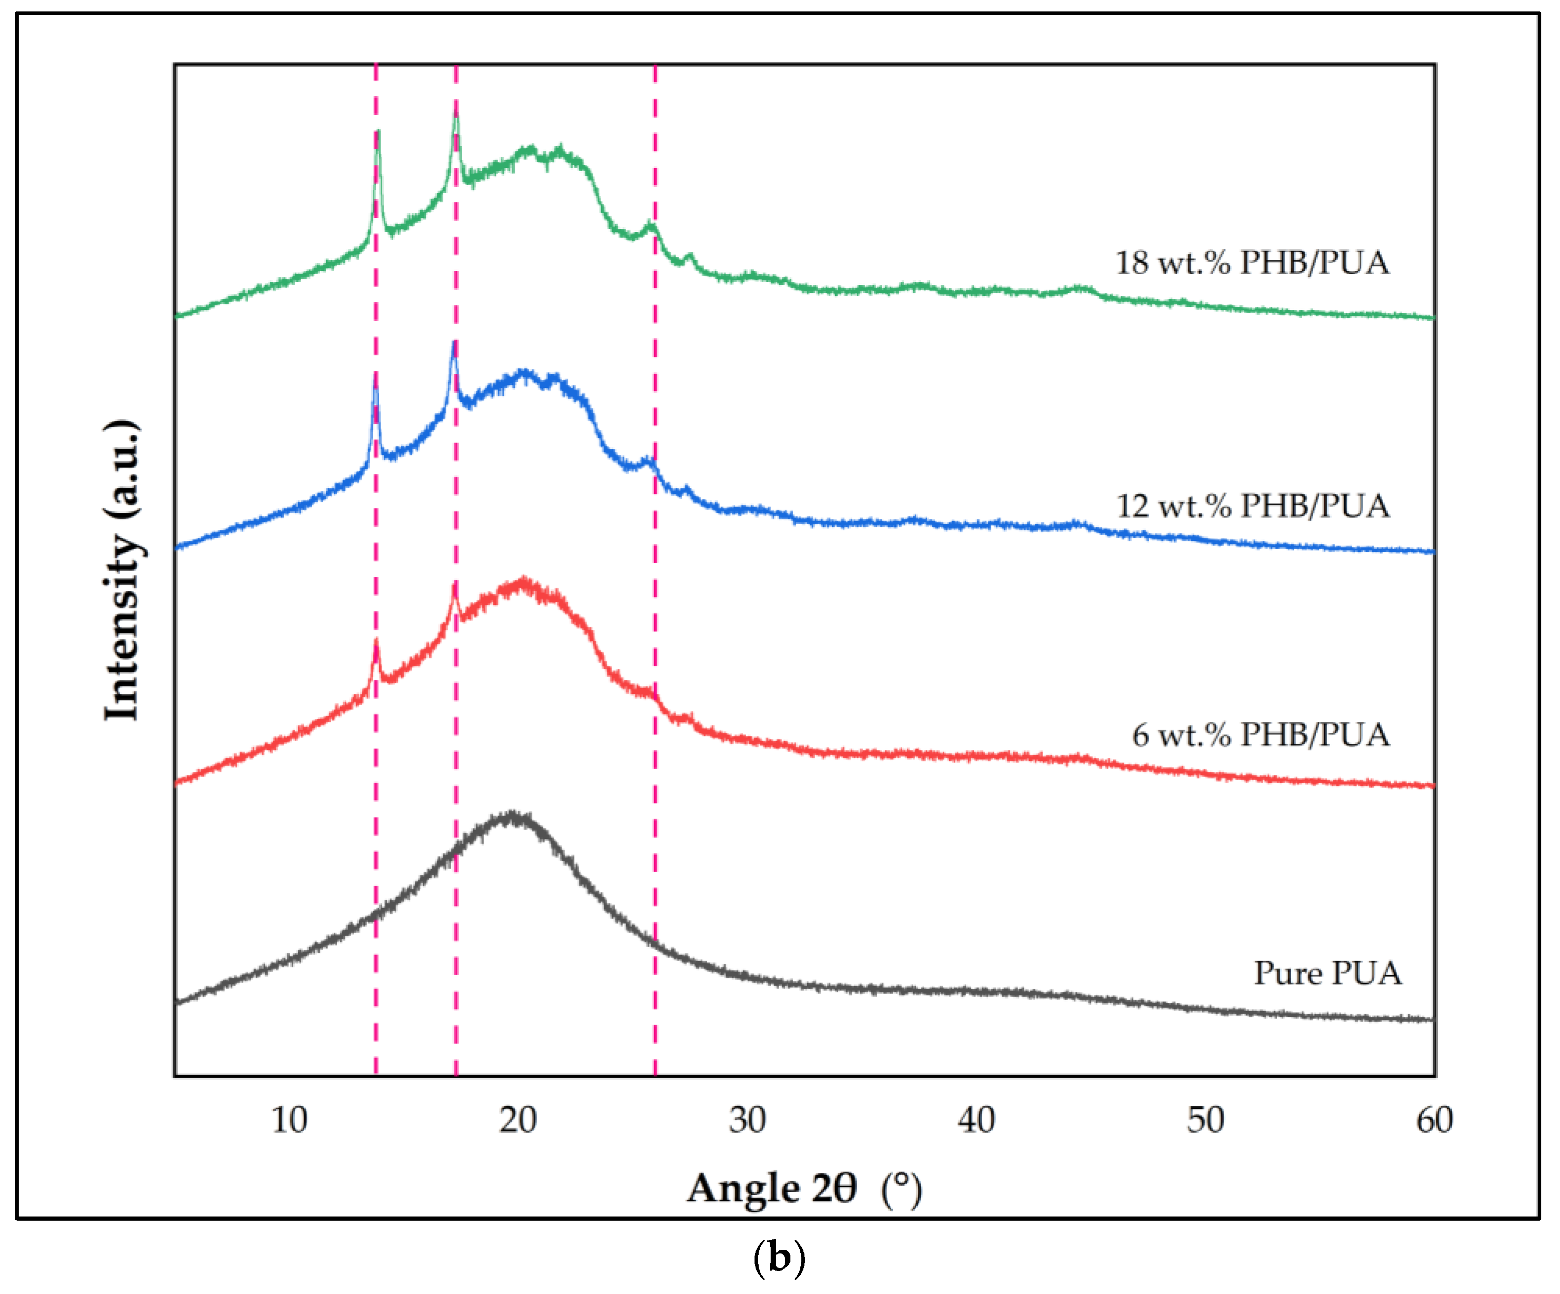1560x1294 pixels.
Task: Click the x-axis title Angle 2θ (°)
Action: [804, 1188]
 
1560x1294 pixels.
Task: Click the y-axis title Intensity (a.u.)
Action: [123, 570]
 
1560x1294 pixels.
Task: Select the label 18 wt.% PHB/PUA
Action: [1252, 263]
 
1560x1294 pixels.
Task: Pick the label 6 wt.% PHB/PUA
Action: [1260, 735]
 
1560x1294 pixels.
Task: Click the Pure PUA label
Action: [1328, 973]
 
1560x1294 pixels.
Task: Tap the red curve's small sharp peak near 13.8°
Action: [376, 642]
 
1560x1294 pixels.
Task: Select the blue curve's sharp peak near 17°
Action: [454, 343]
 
